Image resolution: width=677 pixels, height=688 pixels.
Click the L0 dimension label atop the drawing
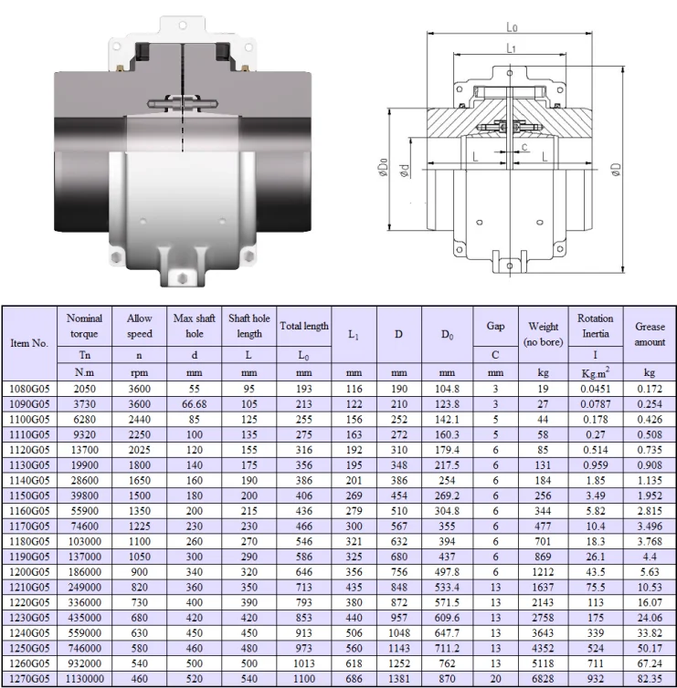tap(512, 27)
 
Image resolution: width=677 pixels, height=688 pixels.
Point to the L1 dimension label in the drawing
tap(511, 47)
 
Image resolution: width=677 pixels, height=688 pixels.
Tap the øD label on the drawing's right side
tap(617, 170)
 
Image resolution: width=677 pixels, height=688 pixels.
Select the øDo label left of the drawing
tap(383, 167)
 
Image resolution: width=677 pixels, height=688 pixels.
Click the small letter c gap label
tap(524, 147)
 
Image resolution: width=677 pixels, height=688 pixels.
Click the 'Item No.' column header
tap(29, 343)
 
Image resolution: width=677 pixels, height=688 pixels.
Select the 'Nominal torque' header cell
tap(84, 326)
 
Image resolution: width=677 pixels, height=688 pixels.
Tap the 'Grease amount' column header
tap(650, 334)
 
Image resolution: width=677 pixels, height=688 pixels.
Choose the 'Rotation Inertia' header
tap(596, 326)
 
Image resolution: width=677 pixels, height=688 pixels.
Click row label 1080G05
tap(29, 389)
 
